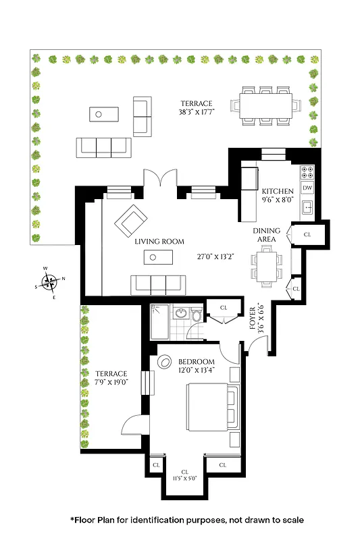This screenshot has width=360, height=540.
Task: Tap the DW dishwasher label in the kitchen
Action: tap(307, 188)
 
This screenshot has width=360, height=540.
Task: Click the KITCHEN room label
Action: tap(278, 190)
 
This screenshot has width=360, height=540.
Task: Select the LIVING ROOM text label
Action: tap(159, 242)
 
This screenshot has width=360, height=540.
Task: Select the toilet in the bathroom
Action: tap(197, 315)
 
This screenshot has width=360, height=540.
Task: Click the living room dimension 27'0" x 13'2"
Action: tap(216, 256)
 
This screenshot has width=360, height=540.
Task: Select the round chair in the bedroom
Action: tap(165, 362)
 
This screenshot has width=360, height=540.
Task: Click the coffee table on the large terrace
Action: tap(99, 115)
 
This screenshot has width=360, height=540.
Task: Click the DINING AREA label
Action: tap(266, 235)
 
